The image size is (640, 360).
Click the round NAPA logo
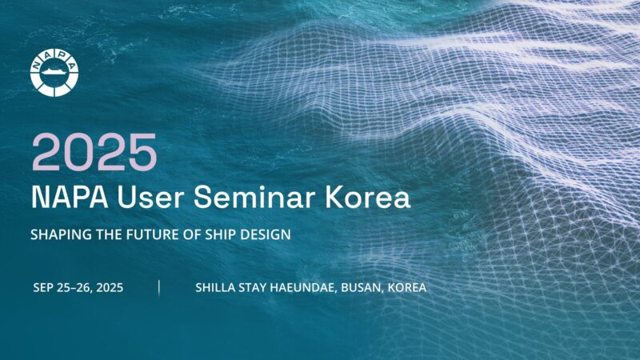[x=54, y=73]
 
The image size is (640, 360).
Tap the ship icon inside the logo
[x=54, y=72]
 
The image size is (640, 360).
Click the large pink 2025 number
[x=94, y=152]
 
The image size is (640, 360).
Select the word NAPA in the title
[x=70, y=197]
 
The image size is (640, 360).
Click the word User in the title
[x=150, y=197]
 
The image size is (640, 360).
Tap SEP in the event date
[x=43, y=288]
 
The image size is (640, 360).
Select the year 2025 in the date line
[x=110, y=288]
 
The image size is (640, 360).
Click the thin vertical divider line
[x=158, y=288]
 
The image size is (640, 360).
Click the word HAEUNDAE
[x=303, y=288]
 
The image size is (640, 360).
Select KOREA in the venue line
[x=407, y=288]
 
